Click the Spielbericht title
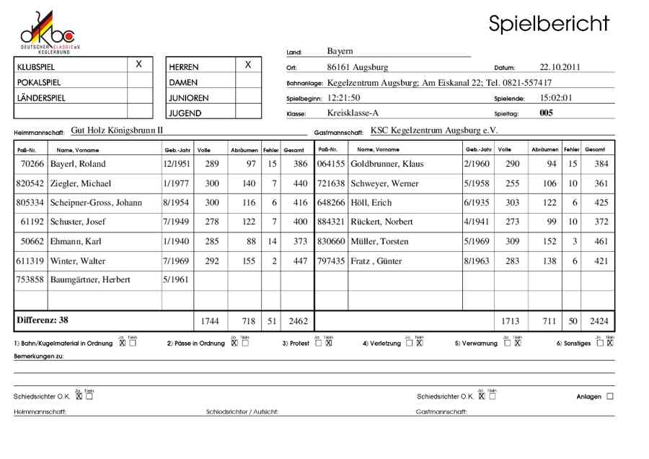coord(549,23)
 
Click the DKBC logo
coord(48,31)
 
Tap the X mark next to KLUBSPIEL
coord(139,64)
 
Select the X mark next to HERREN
coord(248,64)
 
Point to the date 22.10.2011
coord(560,67)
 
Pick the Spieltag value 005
coord(546,113)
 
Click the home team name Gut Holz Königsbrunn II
coord(118,131)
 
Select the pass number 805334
coord(30,203)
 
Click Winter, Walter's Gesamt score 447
coord(293,261)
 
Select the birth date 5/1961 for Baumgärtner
coord(176,280)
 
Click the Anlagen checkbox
coord(610,396)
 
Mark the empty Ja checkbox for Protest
coord(319,343)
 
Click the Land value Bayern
coord(340,51)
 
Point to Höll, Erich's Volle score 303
coord(512,203)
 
